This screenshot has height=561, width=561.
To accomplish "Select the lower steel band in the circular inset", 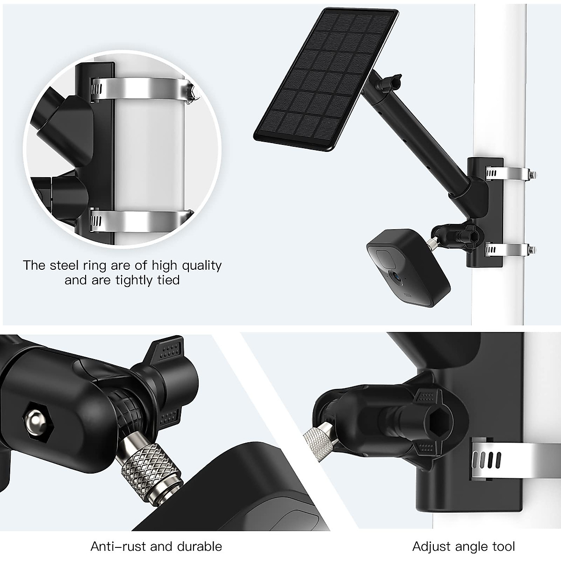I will tap(140, 218).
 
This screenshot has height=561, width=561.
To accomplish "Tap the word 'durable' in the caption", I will tap(200, 546).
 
